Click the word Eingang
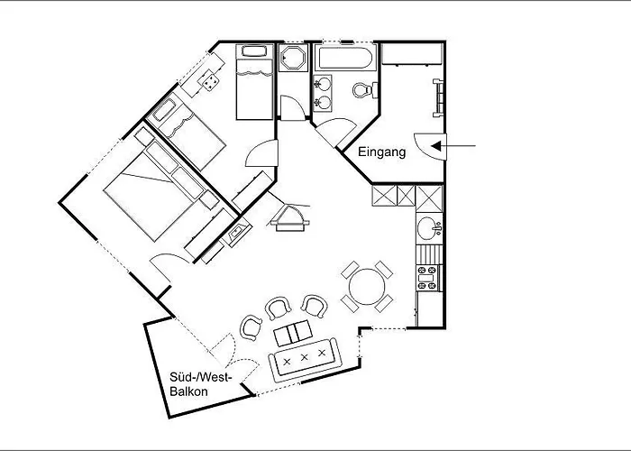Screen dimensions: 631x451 tap(381, 152)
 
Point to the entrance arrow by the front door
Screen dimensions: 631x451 tap(453, 146)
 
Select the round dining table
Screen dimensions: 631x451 tap(367, 286)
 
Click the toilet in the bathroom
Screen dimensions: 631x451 tap(365, 90)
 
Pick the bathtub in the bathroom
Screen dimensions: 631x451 tap(345, 59)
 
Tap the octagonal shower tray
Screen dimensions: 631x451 tap(293, 58)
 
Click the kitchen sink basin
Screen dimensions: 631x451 tap(427, 228)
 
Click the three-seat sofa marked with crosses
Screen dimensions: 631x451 tap(305, 360)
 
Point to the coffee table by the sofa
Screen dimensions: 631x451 tap(293, 333)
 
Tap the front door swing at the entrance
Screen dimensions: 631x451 tap(431, 146)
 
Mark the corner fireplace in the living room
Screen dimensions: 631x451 tap(289, 218)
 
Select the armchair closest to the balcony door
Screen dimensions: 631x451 tap(251, 327)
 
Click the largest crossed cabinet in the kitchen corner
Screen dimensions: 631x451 tap(429, 198)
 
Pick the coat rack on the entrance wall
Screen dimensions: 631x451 tap(438, 98)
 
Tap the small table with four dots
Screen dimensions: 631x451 tap(210, 82)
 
